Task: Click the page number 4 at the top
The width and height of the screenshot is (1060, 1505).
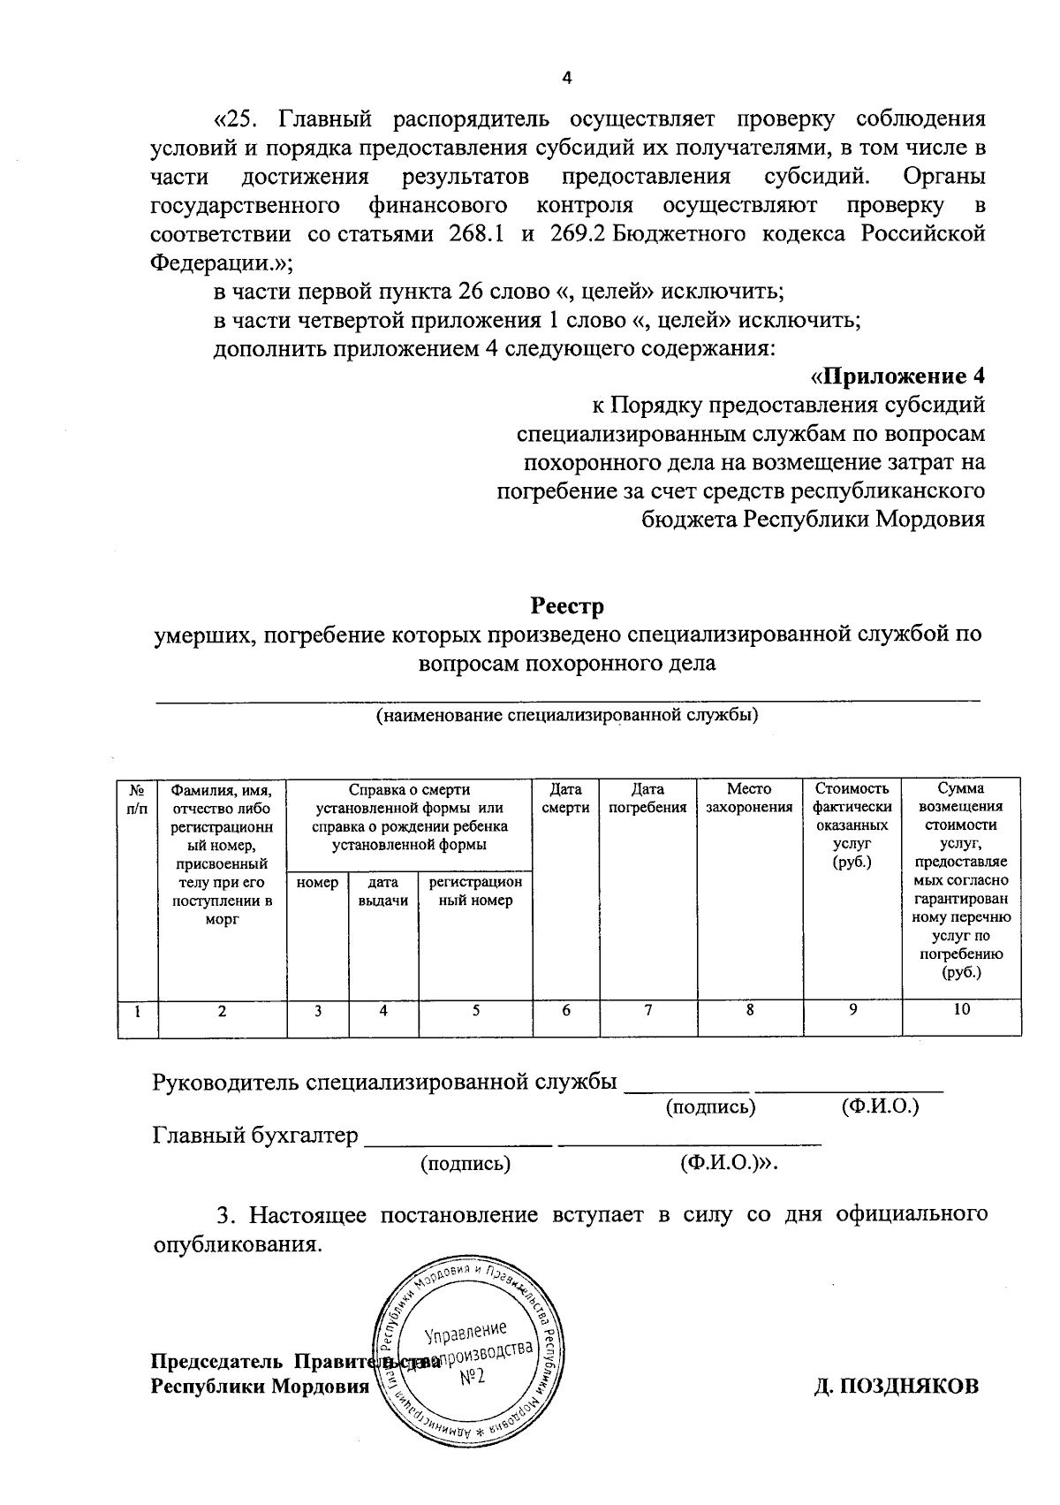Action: coord(568,79)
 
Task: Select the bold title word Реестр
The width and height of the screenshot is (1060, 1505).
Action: coord(567,606)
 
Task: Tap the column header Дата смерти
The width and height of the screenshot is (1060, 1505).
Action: coord(565,798)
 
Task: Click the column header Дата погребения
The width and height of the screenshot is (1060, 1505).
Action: coord(647,798)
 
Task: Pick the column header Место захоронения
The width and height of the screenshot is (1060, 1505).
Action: coord(749,798)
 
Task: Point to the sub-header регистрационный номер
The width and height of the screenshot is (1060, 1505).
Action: coord(475,892)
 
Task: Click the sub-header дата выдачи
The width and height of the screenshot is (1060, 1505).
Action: coord(383,892)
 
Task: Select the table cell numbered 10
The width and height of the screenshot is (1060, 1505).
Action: coord(961,1010)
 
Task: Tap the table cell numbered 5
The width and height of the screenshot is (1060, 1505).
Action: coord(475,1010)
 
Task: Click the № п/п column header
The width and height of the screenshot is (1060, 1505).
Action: coord(138,798)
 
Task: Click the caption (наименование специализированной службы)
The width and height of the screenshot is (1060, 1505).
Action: coord(567,716)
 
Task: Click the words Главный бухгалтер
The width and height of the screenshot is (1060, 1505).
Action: coord(254,1135)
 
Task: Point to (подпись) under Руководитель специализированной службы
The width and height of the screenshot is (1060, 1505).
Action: coord(710,1106)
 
